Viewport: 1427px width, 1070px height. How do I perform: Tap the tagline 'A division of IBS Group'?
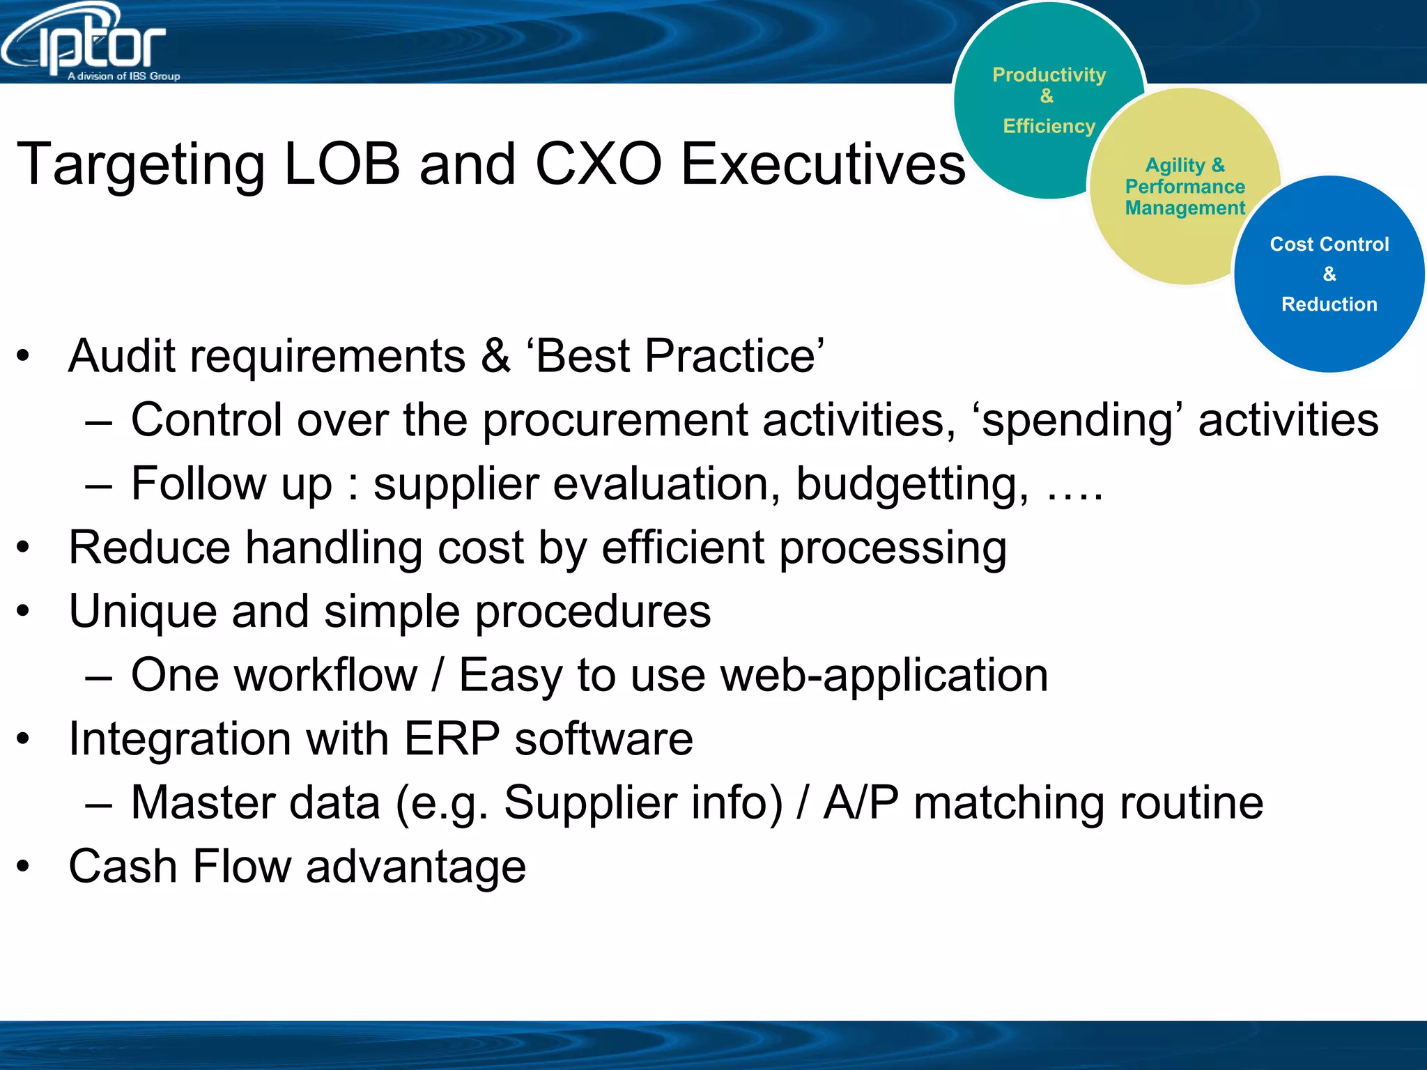[123, 76]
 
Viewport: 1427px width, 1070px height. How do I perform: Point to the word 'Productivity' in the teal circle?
[1049, 75]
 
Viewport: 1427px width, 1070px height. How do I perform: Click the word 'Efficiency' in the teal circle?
[1049, 126]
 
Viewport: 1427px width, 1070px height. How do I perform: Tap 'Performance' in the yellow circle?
[1185, 187]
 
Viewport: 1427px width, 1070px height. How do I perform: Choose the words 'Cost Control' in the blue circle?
[1329, 245]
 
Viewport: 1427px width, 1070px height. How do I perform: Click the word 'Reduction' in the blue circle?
[1329, 304]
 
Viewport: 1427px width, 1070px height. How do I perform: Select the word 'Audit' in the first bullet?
[121, 356]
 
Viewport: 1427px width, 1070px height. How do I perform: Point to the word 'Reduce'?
[149, 548]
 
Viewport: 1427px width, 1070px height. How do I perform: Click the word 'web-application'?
[884, 676]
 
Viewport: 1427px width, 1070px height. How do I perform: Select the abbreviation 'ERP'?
[451, 738]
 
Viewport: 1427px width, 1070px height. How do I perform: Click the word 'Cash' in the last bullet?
[123, 867]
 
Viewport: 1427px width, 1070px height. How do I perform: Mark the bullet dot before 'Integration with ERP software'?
[24, 739]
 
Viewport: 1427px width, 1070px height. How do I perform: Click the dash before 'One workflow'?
[98, 676]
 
